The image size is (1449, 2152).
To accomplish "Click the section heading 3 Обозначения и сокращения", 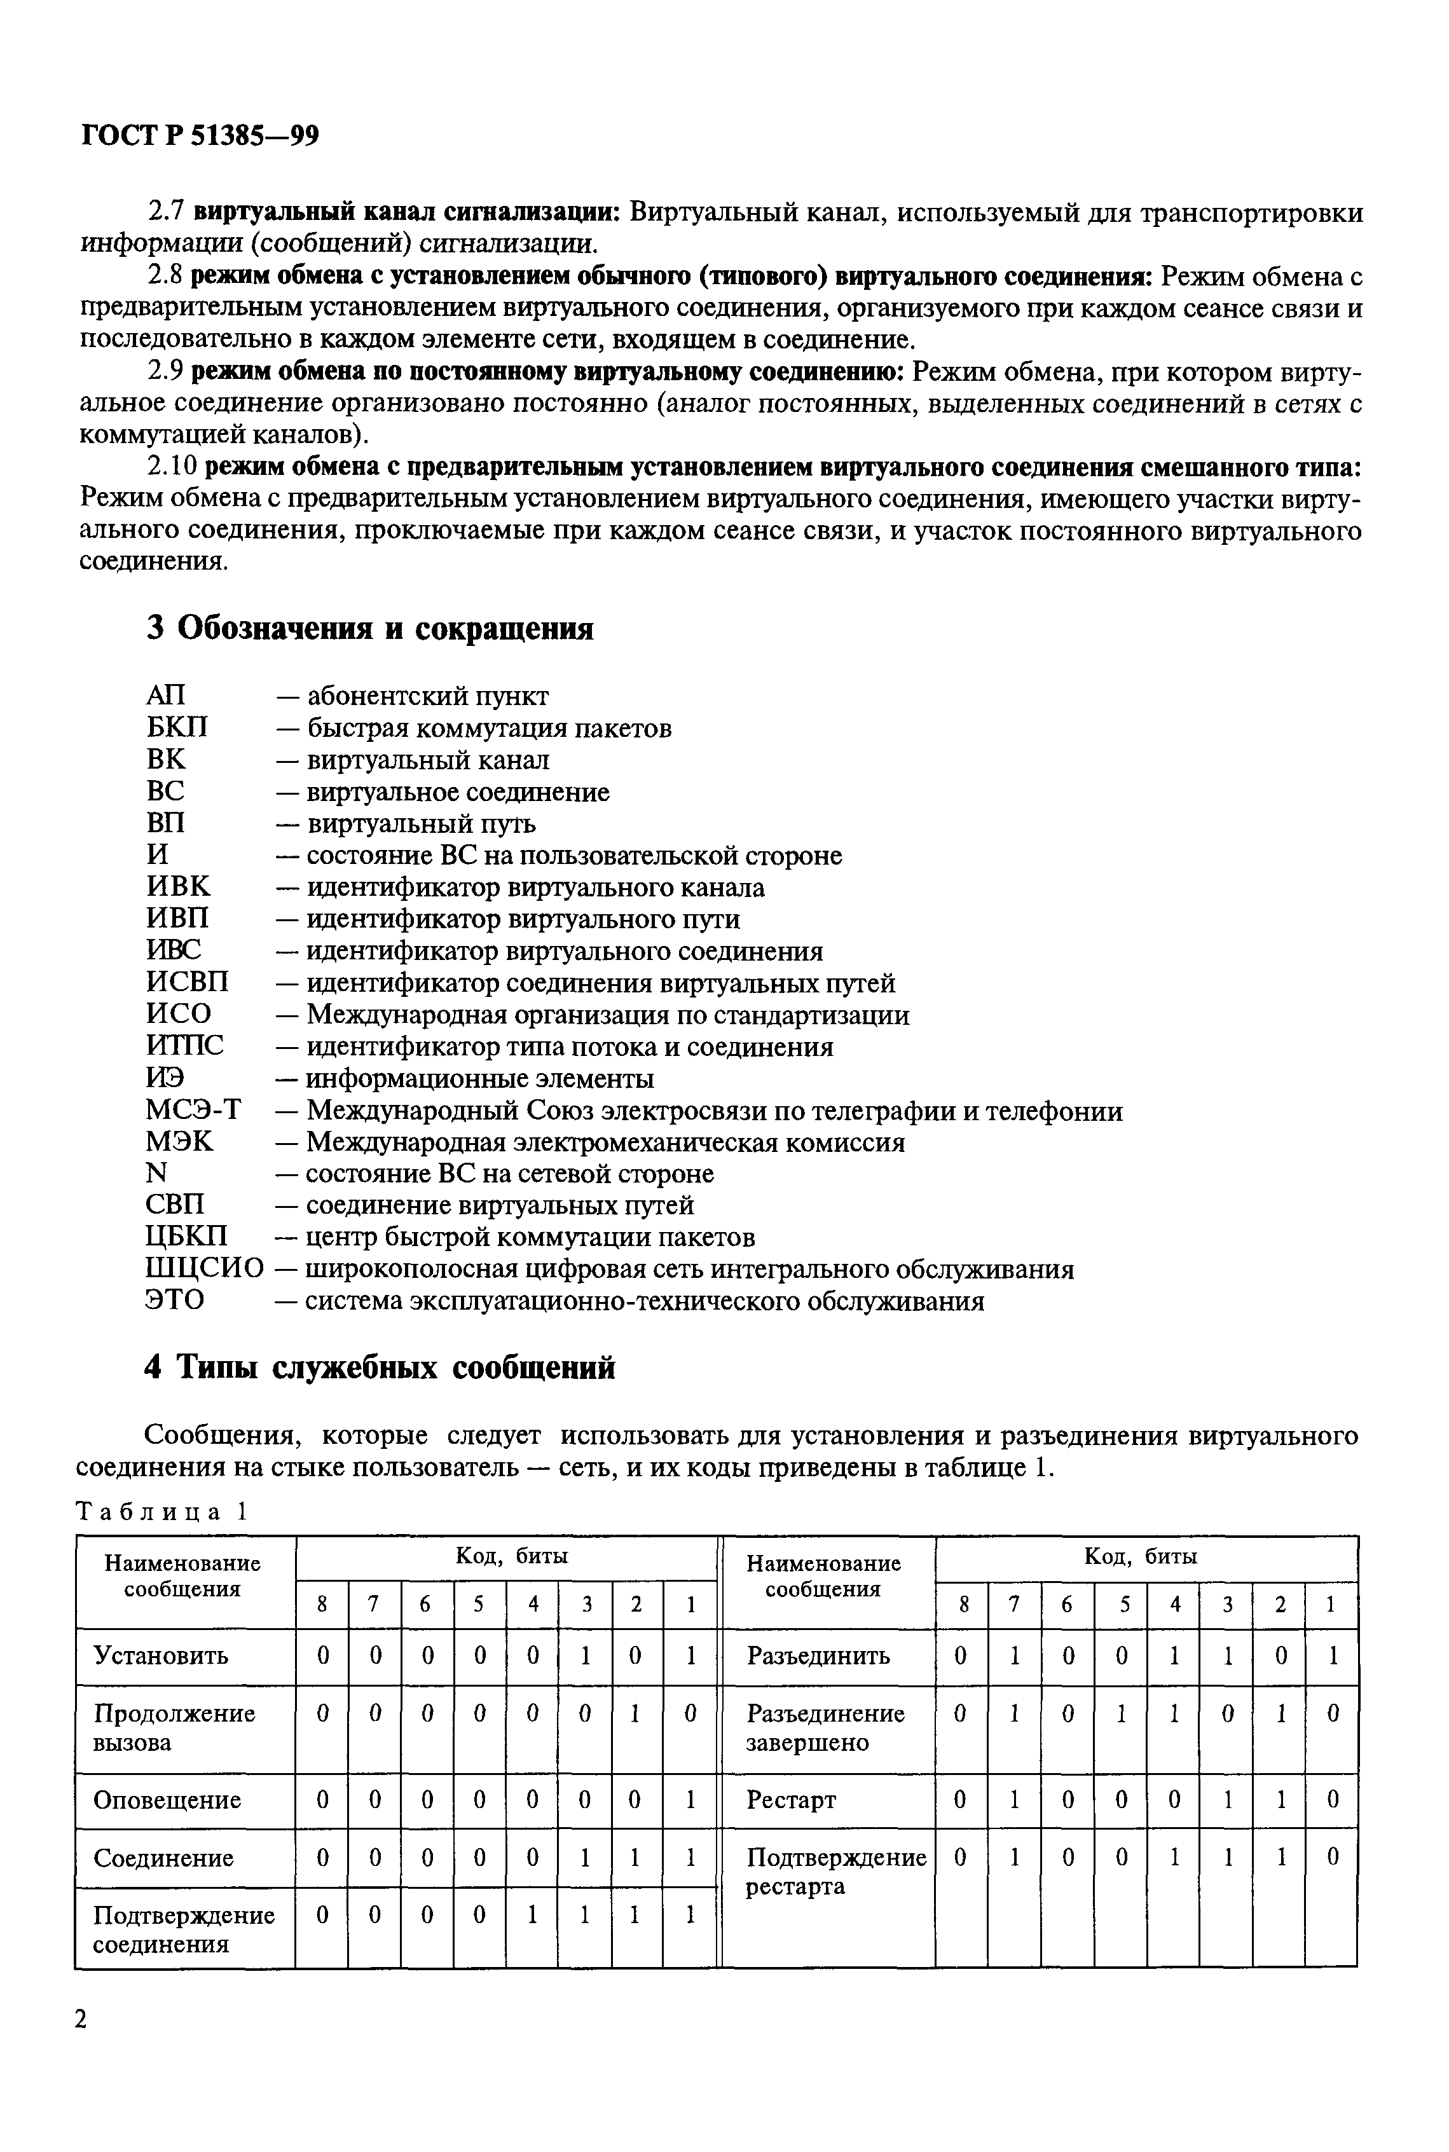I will [x=369, y=628].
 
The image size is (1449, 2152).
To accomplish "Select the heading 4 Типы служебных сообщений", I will [x=380, y=1367].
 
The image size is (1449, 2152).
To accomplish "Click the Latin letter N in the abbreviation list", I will [x=157, y=1174].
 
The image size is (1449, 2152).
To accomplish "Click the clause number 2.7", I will [x=167, y=212].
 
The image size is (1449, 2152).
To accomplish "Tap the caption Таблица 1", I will [x=161, y=1512].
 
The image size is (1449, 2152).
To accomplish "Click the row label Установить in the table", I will [x=161, y=1655].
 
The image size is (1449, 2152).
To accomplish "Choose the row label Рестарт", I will [x=791, y=1800].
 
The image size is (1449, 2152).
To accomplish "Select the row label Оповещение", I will [x=167, y=1800].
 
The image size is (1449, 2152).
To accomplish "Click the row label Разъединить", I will [x=818, y=1655].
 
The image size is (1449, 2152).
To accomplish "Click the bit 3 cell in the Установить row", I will [x=585, y=1655].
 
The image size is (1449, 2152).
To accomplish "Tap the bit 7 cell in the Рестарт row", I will [x=1013, y=1800].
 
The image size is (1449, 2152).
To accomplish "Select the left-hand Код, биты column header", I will [x=511, y=1556].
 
